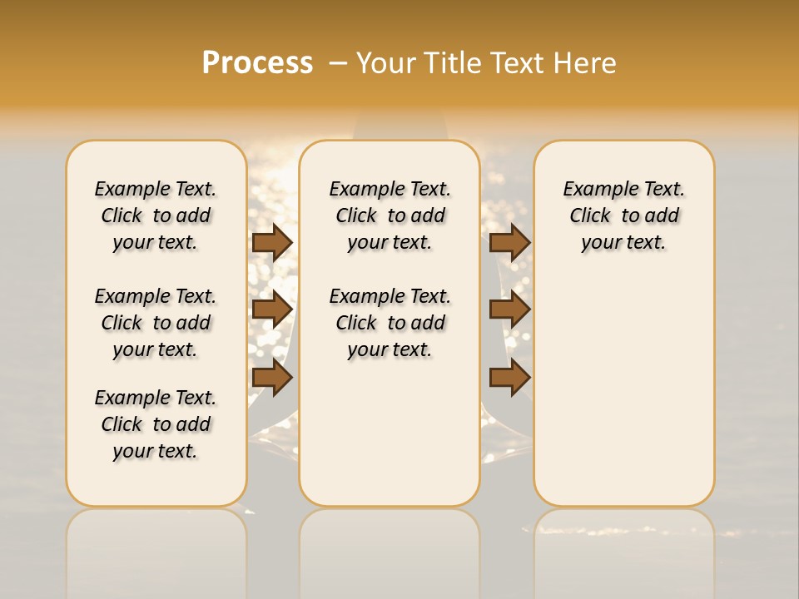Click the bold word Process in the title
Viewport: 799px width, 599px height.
coord(257,63)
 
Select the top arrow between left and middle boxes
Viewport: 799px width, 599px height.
coord(272,242)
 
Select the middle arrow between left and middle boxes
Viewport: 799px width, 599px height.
coord(272,309)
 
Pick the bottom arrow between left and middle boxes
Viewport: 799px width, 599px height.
coord(272,377)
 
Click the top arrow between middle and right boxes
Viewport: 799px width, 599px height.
coord(509,242)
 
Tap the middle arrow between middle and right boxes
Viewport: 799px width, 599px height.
coord(509,309)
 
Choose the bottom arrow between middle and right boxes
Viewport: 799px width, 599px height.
coord(509,377)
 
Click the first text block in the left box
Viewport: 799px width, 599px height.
coord(156,215)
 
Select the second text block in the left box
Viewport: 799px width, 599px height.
coord(156,323)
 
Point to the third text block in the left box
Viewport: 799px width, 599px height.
coord(156,424)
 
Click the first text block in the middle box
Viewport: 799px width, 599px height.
coord(390,215)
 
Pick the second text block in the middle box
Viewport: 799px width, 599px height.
coord(390,323)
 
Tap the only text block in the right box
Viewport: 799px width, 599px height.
coord(624,215)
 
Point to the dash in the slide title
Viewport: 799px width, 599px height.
coord(337,63)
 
